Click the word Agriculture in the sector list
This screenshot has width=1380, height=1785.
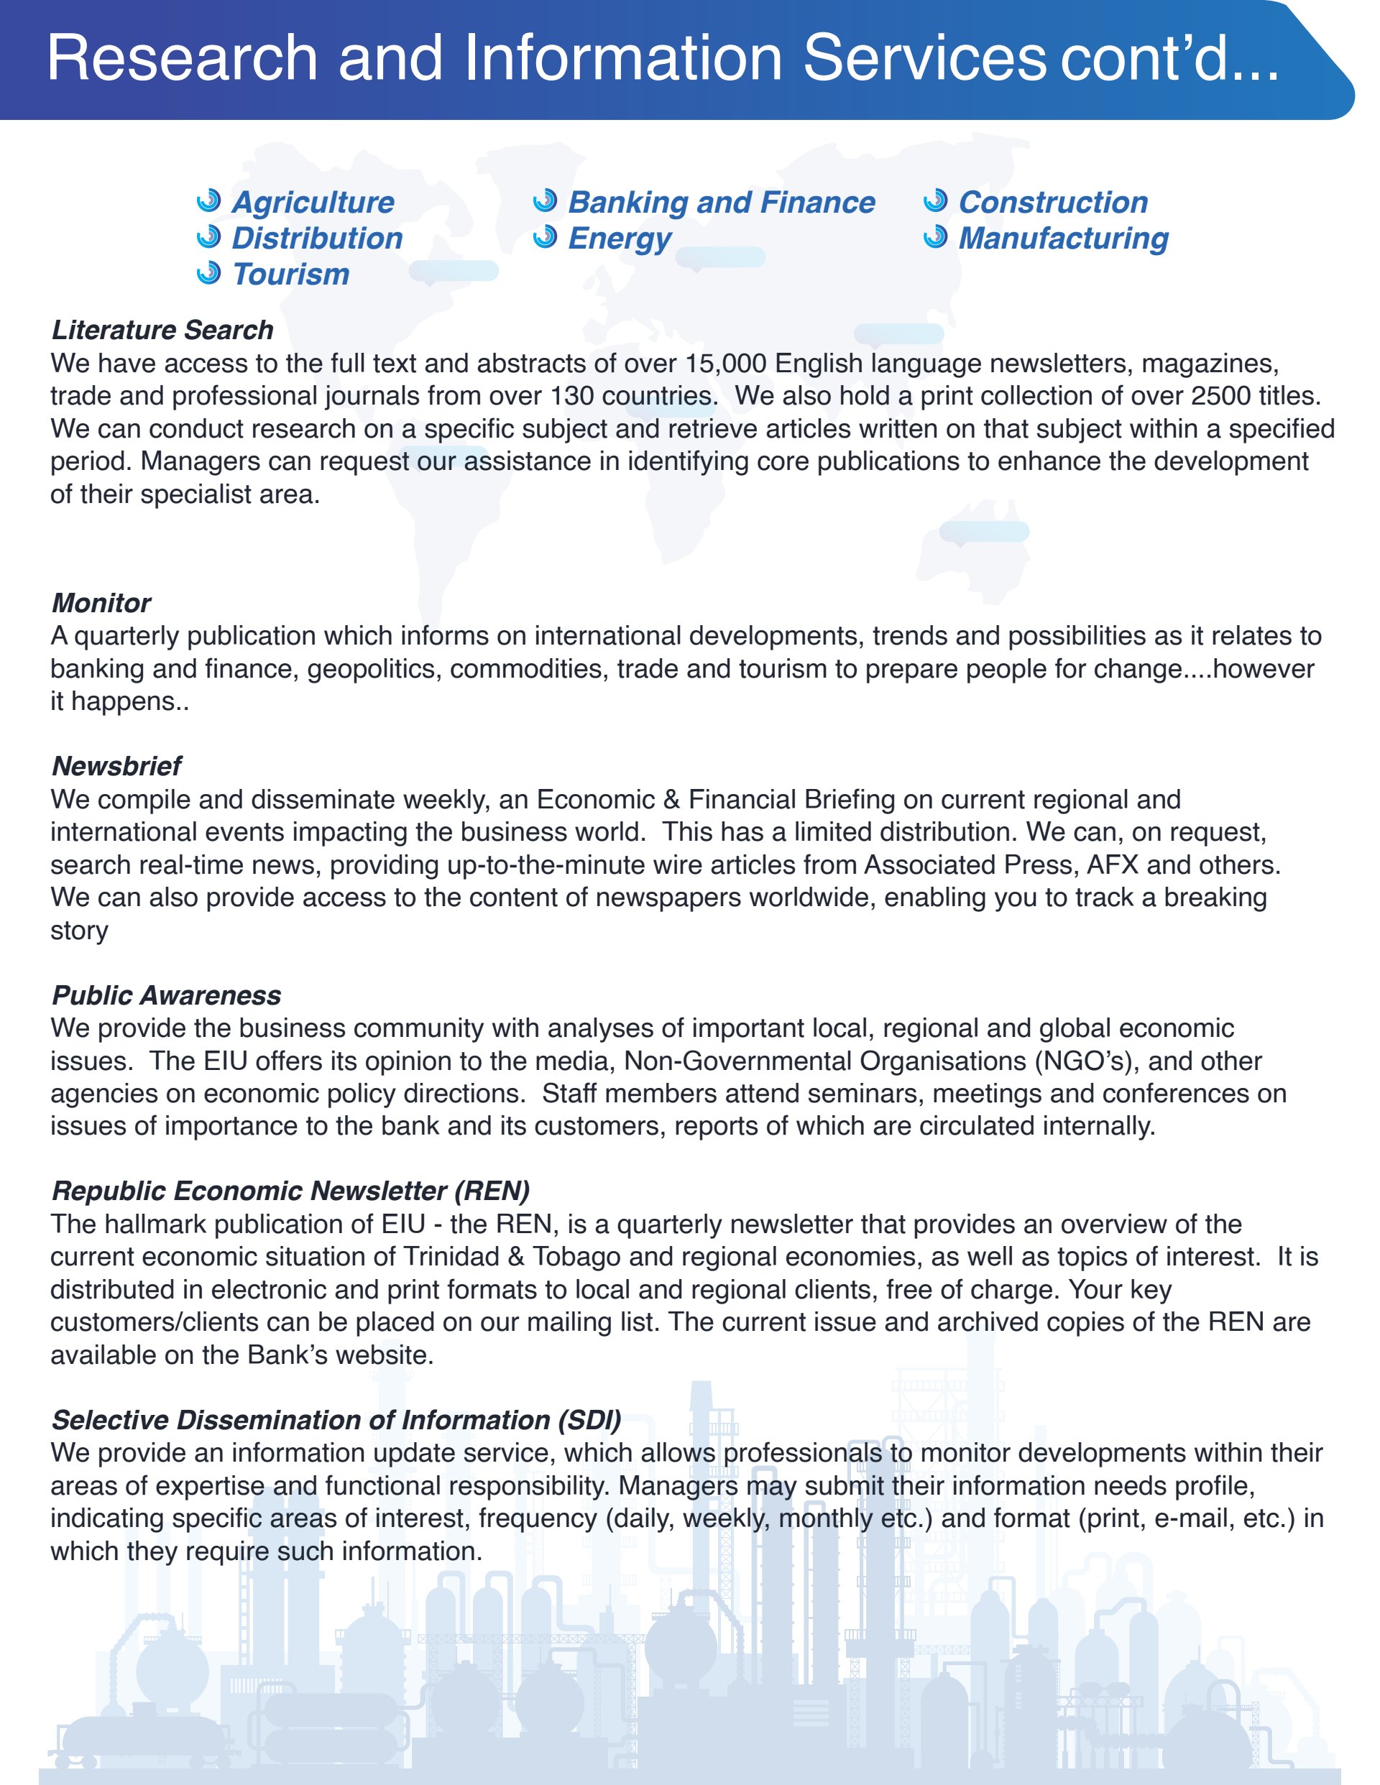(313, 202)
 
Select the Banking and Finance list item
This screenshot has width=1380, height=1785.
(721, 202)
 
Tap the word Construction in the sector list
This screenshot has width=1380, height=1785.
(1053, 202)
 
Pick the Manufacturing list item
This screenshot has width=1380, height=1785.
(1063, 238)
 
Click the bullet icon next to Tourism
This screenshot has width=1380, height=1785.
(209, 273)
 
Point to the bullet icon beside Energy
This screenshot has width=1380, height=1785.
(545, 237)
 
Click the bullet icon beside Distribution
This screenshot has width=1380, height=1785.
(209, 237)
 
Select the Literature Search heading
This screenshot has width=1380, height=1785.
(162, 329)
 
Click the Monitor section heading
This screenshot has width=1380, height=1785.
(101, 602)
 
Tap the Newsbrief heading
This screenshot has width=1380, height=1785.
(116, 766)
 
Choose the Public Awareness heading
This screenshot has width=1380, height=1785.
(166, 995)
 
